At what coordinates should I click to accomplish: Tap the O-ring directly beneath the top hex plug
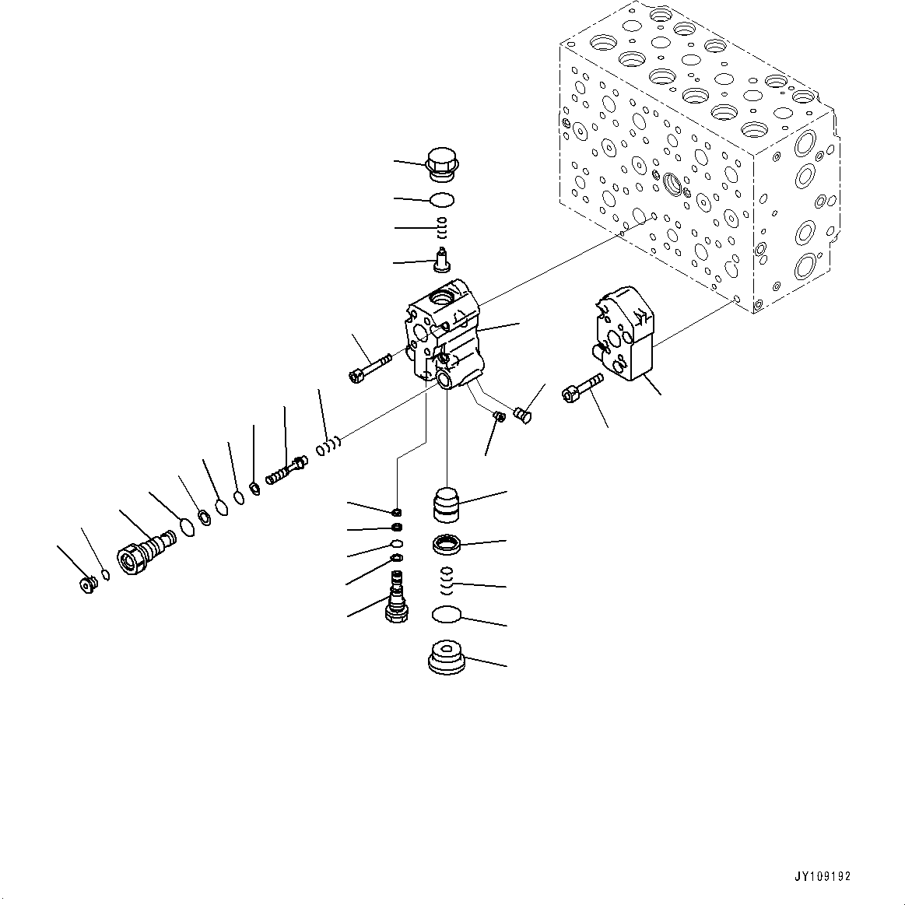click(442, 200)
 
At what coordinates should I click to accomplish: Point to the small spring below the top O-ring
click(442, 228)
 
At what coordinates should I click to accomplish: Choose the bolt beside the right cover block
click(581, 387)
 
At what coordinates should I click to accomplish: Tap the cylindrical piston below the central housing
click(447, 504)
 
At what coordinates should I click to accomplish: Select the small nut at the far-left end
click(87, 584)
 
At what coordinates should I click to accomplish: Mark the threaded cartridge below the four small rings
click(398, 597)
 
